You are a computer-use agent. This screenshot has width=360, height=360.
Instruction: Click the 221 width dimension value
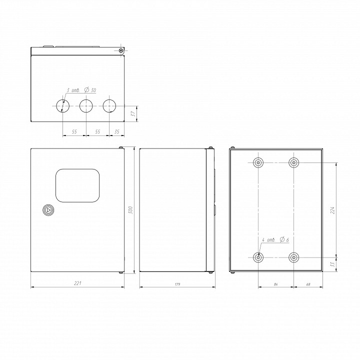pyautogui.click(x=77, y=283)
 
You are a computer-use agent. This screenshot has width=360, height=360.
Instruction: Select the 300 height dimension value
pyautogui.click(x=130, y=210)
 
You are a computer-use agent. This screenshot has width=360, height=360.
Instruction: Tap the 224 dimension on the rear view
pyautogui.click(x=332, y=210)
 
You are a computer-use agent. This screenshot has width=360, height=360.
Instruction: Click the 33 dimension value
pyautogui.click(x=332, y=263)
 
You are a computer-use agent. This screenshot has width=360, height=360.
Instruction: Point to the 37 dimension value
pyautogui.click(x=133, y=113)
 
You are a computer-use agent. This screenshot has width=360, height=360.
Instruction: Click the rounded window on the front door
pyautogui.click(x=78, y=185)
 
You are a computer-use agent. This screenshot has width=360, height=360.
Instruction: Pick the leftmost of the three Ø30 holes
pyautogui.click(x=62, y=105)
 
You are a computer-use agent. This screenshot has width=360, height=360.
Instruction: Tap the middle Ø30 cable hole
pyautogui.click(x=86, y=105)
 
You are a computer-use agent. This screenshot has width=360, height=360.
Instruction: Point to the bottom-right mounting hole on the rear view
pyautogui.click(x=293, y=257)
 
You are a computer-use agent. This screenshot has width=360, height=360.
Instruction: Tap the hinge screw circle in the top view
pyautogui.click(x=121, y=50)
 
